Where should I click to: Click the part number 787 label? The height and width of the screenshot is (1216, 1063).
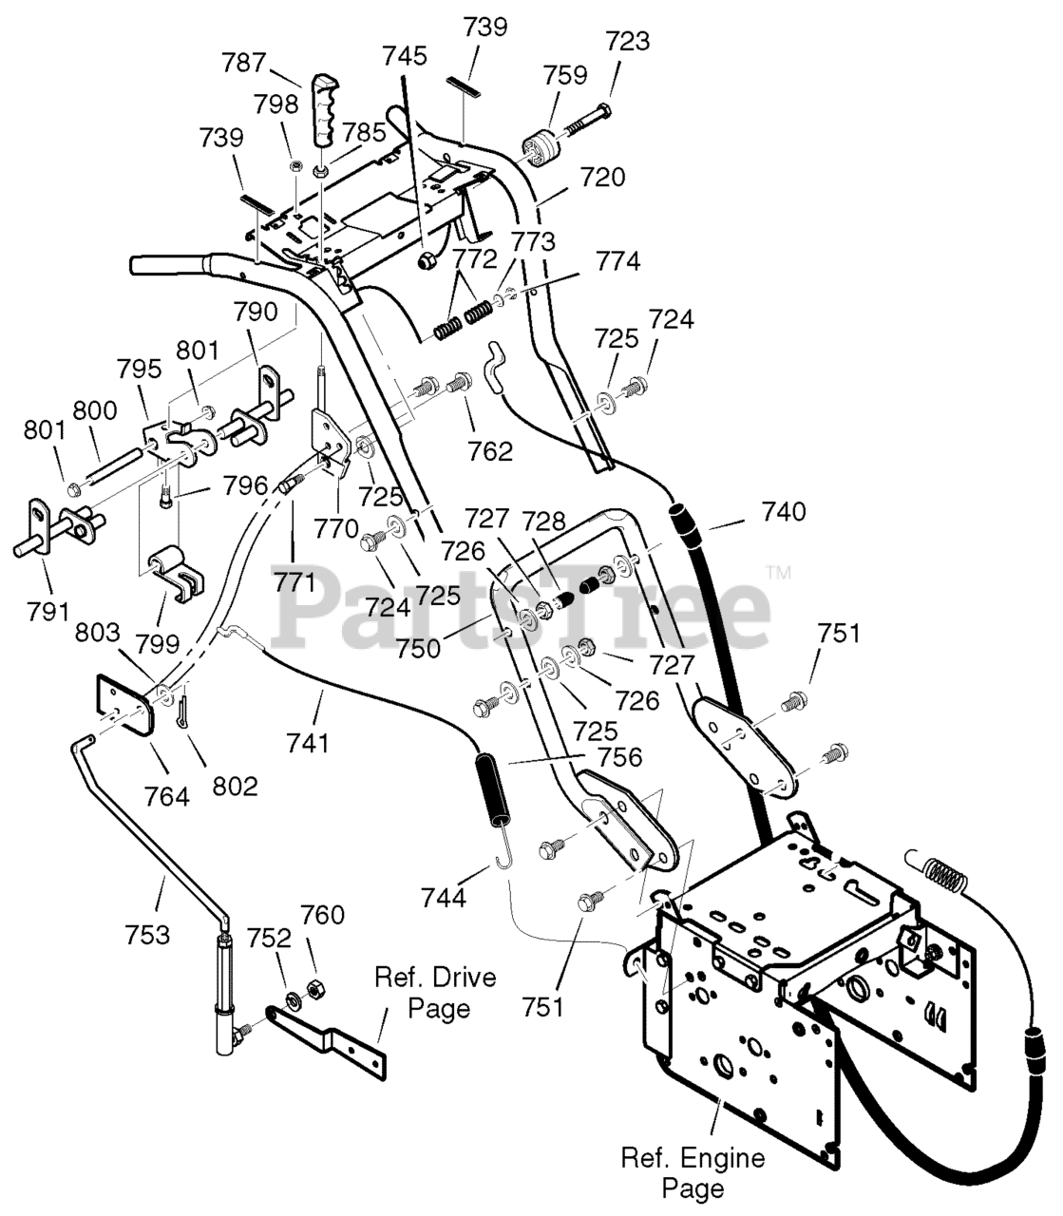click(x=244, y=63)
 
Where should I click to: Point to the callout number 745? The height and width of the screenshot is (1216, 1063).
click(x=405, y=56)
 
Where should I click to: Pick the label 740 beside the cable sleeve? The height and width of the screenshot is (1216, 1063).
click(x=784, y=512)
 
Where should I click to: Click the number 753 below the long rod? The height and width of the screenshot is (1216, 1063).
click(x=146, y=935)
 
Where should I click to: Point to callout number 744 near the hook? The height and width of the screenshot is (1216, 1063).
click(x=444, y=897)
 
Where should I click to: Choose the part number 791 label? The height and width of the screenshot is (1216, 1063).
click(x=48, y=612)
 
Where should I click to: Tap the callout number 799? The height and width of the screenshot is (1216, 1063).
click(x=157, y=643)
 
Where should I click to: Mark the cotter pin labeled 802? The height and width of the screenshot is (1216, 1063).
click(x=181, y=712)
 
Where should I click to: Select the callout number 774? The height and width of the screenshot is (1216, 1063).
click(x=618, y=261)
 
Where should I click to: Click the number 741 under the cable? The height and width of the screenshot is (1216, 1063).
click(x=307, y=743)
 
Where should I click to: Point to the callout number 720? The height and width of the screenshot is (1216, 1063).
click(x=602, y=177)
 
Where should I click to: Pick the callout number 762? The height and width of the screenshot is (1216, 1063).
click(x=489, y=451)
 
